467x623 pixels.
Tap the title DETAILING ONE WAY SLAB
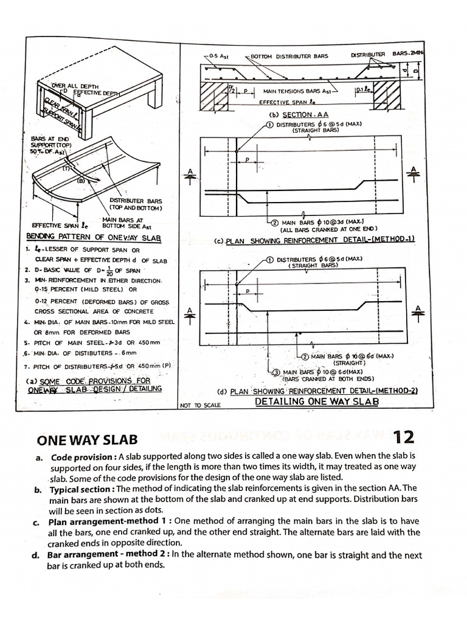coord(317,402)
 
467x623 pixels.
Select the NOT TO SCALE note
coord(201,405)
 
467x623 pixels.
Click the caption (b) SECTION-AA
coord(299,114)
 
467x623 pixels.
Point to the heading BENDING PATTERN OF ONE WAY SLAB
coord(94,238)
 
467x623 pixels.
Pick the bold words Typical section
coord(83,488)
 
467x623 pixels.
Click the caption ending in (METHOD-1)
coord(314,240)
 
